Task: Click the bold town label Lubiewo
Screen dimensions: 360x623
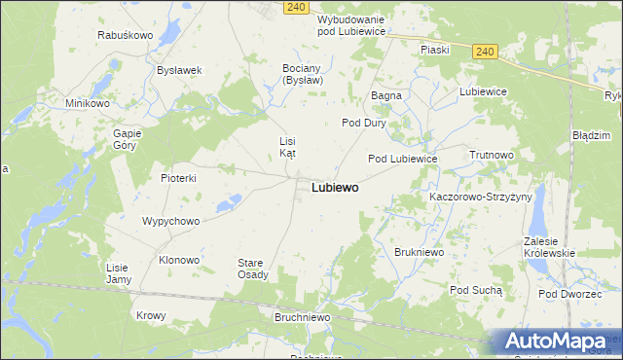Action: pyautogui.click(x=335, y=187)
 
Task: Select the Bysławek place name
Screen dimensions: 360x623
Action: pyautogui.click(x=179, y=70)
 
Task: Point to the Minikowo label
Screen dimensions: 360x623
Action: pyautogui.click(x=87, y=103)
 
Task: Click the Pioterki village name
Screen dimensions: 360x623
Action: pyautogui.click(x=179, y=178)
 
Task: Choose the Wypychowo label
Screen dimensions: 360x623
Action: pyautogui.click(x=170, y=221)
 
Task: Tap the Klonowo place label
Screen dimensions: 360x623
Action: pyautogui.click(x=179, y=260)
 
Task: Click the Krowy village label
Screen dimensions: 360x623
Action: pyautogui.click(x=151, y=315)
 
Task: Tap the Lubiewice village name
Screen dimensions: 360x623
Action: pyautogui.click(x=484, y=91)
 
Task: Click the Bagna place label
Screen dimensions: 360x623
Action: pyautogui.click(x=386, y=95)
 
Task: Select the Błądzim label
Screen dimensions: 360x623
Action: pyautogui.click(x=591, y=135)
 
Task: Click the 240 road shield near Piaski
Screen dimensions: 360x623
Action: pyautogui.click(x=487, y=52)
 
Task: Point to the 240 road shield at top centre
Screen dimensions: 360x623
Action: pyautogui.click(x=298, y=7)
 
